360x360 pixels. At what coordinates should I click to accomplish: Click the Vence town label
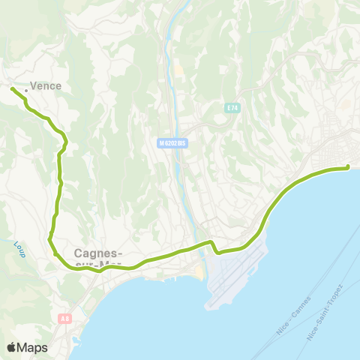[46, 86]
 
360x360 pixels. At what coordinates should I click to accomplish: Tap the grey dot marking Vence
[26, 91]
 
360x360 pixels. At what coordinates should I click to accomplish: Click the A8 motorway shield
[65, 319]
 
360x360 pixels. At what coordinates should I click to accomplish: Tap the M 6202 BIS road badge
[172, 142]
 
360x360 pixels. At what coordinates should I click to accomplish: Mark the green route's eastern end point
[349, 168]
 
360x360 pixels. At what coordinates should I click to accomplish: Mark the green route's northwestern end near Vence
[12, 89]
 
